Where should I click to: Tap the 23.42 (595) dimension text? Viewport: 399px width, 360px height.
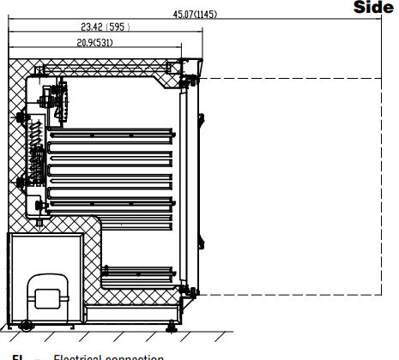[x=106, y=27]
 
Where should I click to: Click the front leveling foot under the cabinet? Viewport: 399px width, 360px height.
[x=174, y=324]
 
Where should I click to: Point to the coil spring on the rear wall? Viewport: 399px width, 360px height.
[x=35, y=137]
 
